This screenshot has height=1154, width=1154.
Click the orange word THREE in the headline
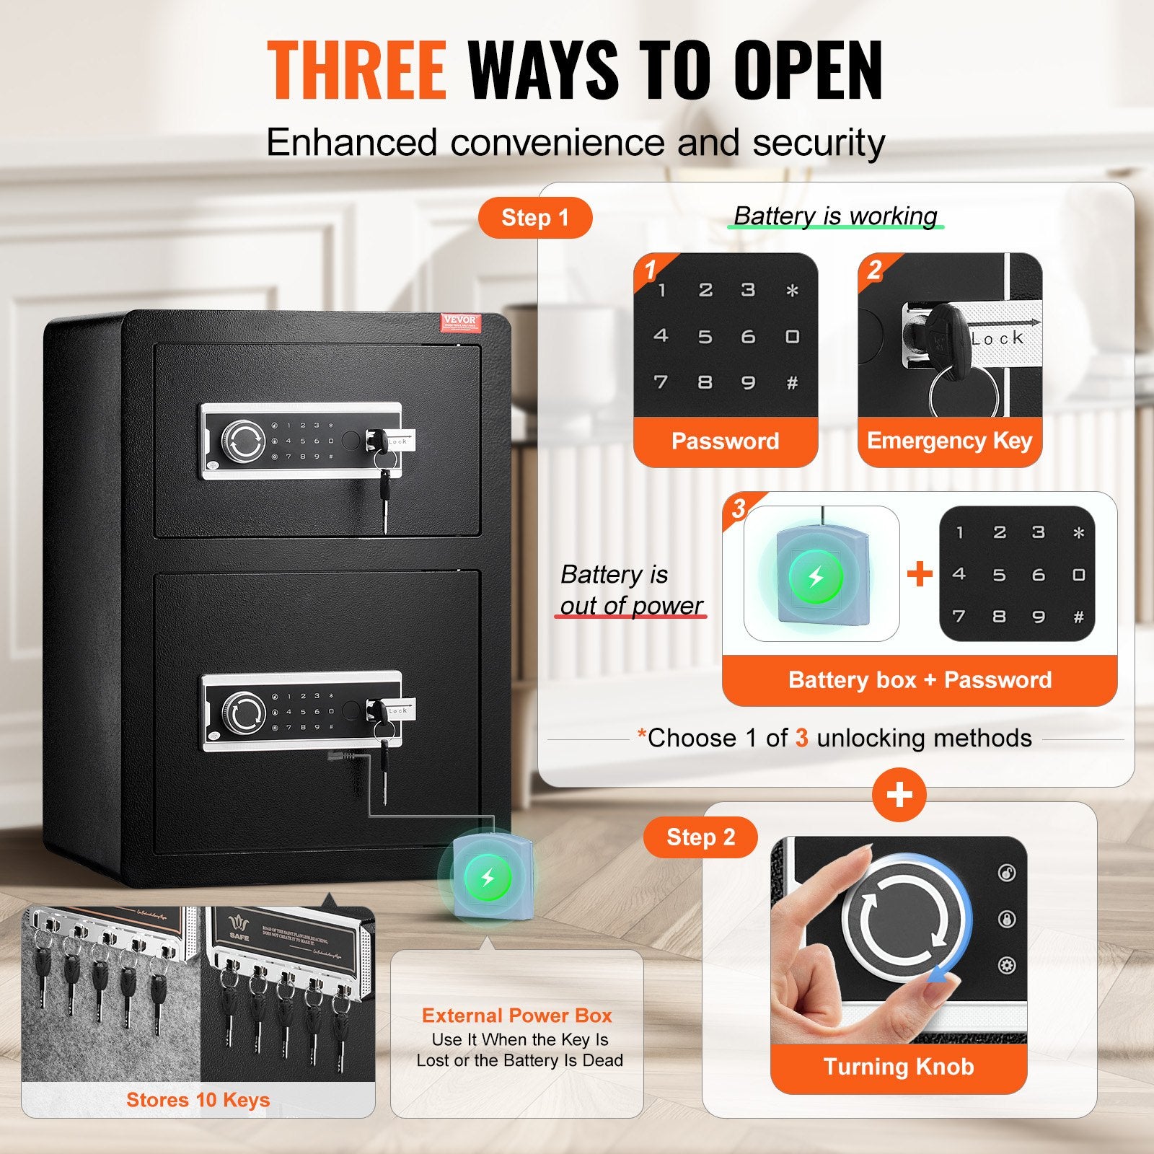(x=357, y=70)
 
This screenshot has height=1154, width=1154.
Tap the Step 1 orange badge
(x=535, y=218)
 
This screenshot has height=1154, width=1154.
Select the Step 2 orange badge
(x=700, y=837)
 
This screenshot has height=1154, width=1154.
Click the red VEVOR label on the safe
(x=459, y=322)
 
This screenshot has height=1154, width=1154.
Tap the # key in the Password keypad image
(x=792, y=384)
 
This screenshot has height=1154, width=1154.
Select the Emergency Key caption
(x=949, y=441)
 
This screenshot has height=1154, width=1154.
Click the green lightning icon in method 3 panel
(x=816, y=577)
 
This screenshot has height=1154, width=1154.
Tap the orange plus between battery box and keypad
(x=920, y=574)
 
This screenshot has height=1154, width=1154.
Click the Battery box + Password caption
(x=920, y=680)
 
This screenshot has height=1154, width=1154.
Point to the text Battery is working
(x=835, y=216)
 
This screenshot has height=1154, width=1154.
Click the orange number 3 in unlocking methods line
(x=801, y=739)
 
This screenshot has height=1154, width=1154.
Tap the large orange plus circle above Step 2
(x=899, y=795)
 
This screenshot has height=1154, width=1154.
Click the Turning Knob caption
(x=899, y=1067)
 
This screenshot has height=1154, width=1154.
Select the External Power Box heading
(x=517, y=1016)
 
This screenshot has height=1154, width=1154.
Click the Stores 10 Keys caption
(x=198, y=1100)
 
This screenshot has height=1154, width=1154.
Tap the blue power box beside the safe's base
(x=488, y=877)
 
